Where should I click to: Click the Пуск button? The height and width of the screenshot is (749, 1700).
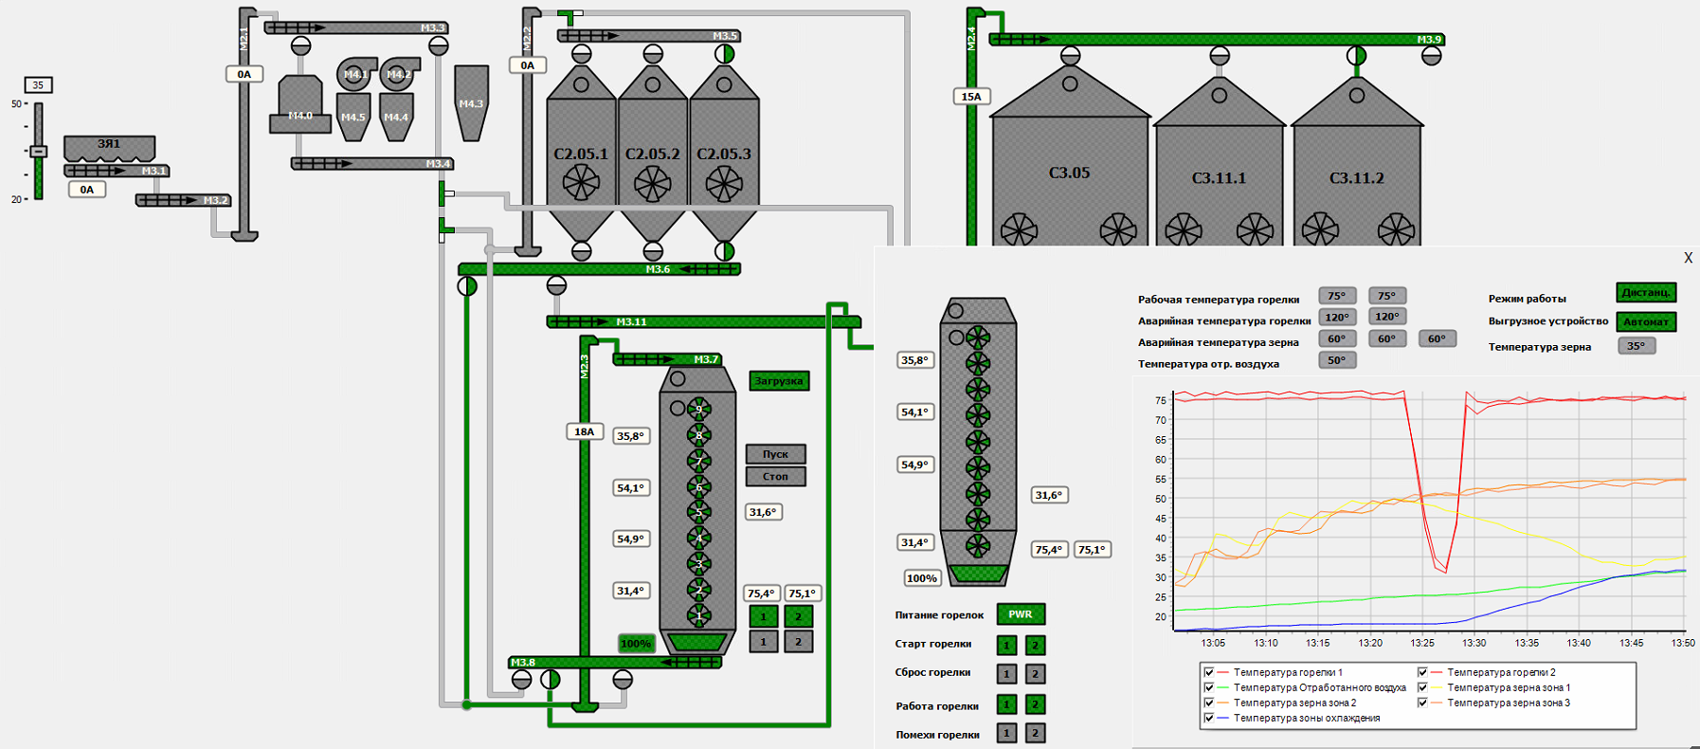(x=775, y=454)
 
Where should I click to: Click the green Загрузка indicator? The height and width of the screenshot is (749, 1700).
(x=779, y=381)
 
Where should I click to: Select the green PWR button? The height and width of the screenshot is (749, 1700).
(x=1021, y=614)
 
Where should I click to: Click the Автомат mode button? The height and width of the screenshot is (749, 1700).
(x=1646, y=322)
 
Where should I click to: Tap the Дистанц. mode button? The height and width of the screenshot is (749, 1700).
(x=1646, y=293)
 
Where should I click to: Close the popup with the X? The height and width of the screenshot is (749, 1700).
(x=1688, y=258)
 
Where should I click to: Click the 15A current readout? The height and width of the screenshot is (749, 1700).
(x=971, y=97)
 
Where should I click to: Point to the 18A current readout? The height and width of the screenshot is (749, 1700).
(x=585, y=431)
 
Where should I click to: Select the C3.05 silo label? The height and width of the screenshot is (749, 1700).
(x=1069, y=173)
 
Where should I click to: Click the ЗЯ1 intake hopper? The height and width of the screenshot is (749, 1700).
(x=109, y=148)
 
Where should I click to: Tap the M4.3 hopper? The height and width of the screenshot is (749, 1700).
(x=471, y=102)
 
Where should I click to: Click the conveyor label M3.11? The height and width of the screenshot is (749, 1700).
(x=631, y=322)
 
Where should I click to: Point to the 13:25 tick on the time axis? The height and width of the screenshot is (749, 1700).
(x=1421, y=643)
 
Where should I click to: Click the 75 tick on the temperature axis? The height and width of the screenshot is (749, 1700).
(x=1161, y=401)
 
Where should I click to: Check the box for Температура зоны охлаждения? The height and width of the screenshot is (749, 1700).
(x=1209, y=719)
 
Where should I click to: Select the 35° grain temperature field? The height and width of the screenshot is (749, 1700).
(x=1637, y=346)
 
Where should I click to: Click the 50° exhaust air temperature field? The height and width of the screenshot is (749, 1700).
(x=1337, y=360)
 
